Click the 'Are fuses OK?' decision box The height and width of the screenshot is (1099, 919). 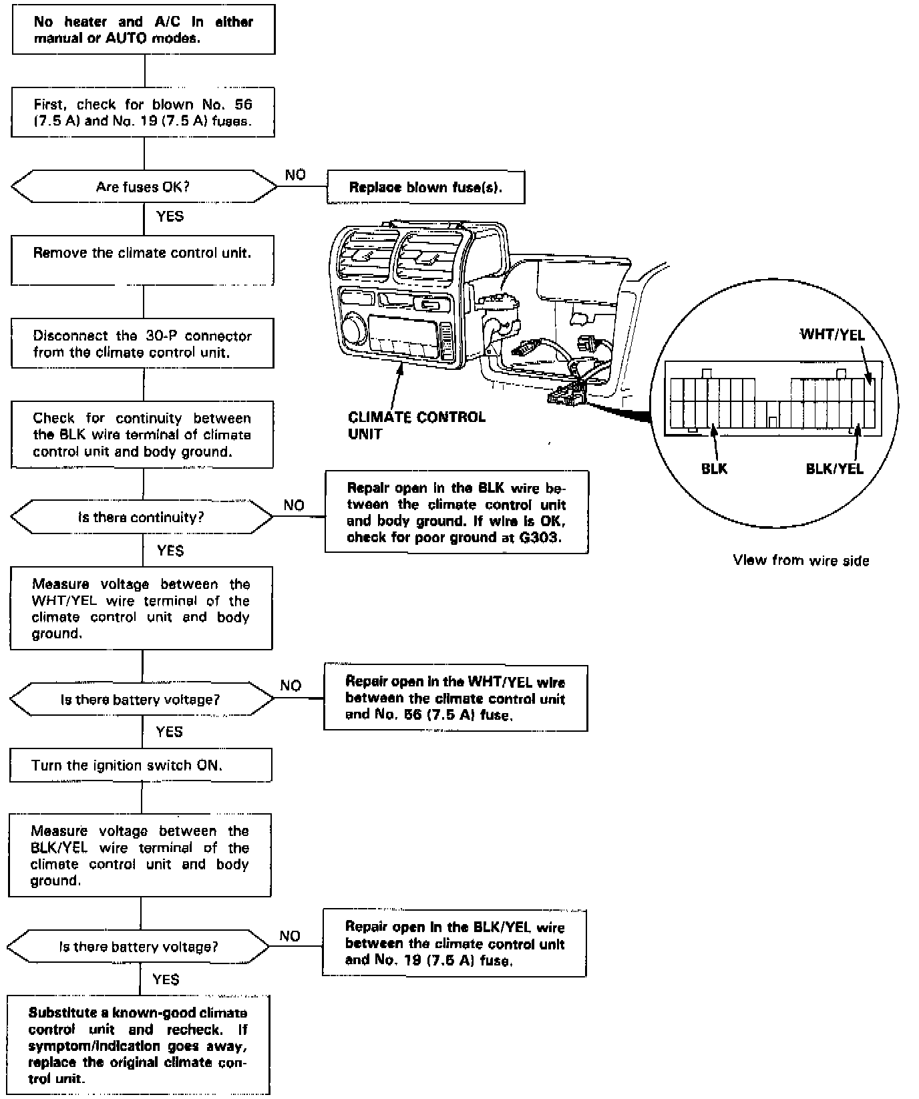coord(143,186)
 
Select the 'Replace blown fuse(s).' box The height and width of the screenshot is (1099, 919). coord(425,187)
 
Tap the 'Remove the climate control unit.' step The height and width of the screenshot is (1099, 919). coord(142,260)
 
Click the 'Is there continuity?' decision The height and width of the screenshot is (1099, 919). coord(141,517)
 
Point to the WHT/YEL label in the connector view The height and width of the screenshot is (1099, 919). coord(832,335)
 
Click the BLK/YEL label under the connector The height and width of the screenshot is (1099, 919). coord(834,468)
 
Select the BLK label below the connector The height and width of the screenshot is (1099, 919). coord(714,468)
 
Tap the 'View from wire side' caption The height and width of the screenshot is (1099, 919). coord(801,560)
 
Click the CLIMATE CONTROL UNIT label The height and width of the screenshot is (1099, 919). coord(417,425)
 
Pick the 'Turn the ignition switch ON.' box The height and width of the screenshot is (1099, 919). coord(141,765)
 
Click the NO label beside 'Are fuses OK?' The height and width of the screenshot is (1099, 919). coord(295,175)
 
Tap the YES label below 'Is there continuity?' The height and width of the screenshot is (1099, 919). coord(170,550)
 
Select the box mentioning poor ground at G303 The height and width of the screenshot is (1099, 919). coord(456,512)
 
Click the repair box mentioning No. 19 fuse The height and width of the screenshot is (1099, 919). coord(454,943)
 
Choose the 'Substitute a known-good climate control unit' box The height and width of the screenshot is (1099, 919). coord(138,1046)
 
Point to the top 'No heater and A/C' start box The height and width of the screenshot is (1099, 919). coord(144,30)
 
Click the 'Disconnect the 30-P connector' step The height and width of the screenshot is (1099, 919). coord(142,344)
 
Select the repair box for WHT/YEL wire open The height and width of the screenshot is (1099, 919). coord(455,698)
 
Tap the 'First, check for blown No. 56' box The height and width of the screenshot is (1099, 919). coord(143,112)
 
